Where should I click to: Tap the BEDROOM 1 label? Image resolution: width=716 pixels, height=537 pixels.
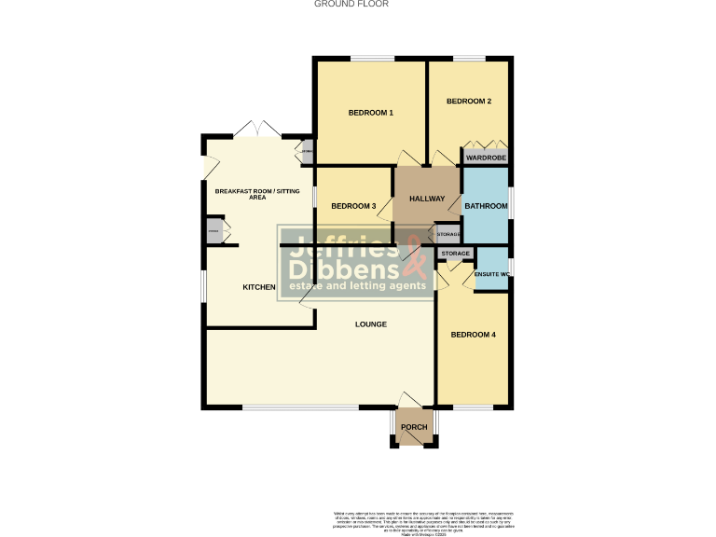click(370, 113)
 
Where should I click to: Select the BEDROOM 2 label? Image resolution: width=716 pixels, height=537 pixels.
click(468, 101)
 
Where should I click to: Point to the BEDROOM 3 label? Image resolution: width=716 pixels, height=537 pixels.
click(353, 206)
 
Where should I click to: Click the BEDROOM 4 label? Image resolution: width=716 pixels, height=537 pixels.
click(473, 335)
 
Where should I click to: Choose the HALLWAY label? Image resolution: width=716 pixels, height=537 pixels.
click(427, 200)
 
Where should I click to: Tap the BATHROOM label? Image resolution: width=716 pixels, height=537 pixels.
click(486, 206)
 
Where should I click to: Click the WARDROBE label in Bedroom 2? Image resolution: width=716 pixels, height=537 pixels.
click(486, 158)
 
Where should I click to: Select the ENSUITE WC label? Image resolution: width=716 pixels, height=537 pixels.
click(491, 274)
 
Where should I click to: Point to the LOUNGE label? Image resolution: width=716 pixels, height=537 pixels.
click(370, 324)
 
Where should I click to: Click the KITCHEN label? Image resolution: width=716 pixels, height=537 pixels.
click(258, 287)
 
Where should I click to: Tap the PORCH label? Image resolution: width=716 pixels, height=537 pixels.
click(413, 428)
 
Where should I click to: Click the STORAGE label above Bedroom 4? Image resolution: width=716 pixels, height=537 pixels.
click(455, 254)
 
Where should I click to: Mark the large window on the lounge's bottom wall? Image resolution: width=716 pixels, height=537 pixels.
click(300, 407)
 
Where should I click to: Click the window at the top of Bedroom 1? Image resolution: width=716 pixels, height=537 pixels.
click(371, 61)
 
